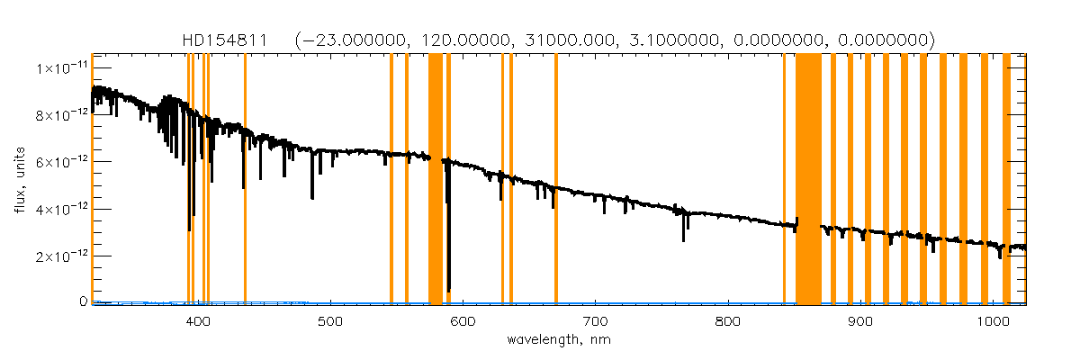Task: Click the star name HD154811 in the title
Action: tap(224, 40)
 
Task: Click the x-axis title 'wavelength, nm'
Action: tap(559, 341)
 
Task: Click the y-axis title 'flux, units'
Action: tap(19, 178)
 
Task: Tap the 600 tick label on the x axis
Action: tap(463, 321)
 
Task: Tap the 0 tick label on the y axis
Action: tap(82, 302)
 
